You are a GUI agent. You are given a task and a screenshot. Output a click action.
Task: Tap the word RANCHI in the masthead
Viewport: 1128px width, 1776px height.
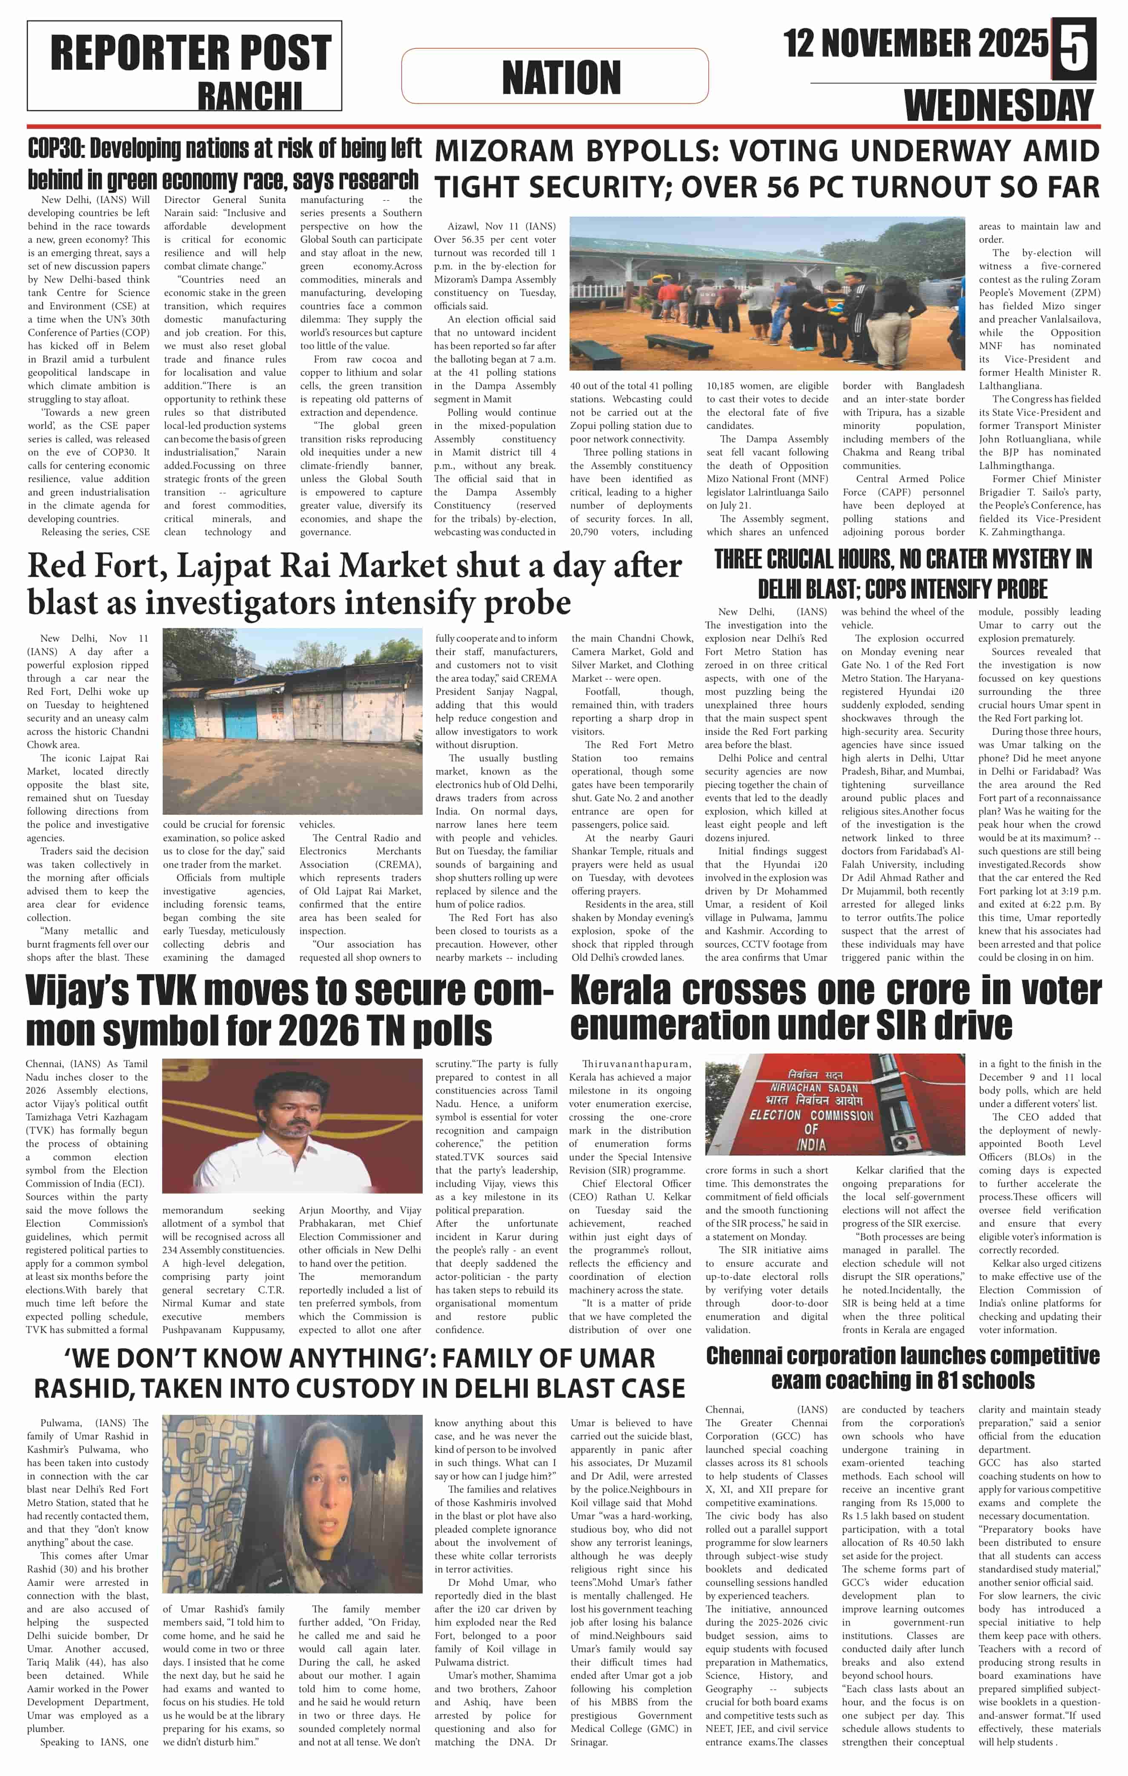[249, 96]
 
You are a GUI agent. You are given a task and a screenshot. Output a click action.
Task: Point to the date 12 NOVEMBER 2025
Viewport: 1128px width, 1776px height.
[915, 43]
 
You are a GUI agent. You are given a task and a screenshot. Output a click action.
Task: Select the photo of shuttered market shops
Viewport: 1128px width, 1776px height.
[292, 721]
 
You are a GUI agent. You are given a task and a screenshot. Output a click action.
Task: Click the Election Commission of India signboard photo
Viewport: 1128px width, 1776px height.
[834, 1103]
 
